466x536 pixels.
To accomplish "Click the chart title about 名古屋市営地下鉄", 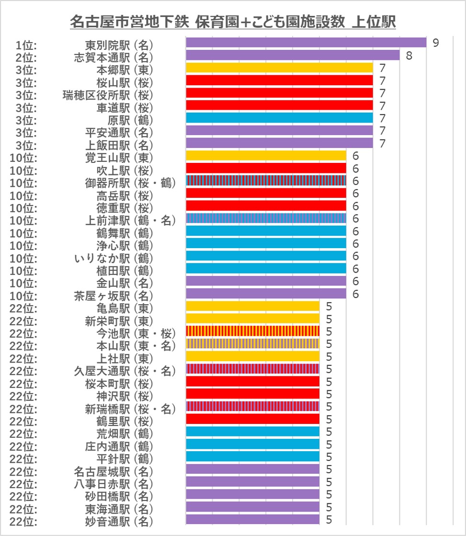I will (x=233, y=22).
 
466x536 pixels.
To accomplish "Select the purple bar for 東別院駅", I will (x=306, y=43).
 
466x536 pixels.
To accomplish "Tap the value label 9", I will (x=435, y=43).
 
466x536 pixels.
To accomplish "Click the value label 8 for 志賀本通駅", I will (x=409, y=55).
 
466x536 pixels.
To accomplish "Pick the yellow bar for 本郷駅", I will (x=279, y=68).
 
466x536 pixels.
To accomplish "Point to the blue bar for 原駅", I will (x=279, y=118).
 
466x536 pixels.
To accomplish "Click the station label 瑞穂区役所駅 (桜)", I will (x=108, y=93).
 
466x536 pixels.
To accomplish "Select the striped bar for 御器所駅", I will (x=265, y=181).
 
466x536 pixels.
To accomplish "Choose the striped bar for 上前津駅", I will (x=265, y=218).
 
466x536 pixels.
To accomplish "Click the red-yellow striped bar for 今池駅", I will (x=252, y=331).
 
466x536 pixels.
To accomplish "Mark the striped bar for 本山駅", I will (x=252, y=343).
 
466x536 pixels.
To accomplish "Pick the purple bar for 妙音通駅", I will (x=252, y=519).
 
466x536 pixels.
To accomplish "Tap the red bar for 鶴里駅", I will (x=252, y=419).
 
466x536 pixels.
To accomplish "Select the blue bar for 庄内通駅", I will (x=252, y=444).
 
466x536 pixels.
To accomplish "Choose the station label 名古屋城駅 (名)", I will (x=114, y=469).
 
